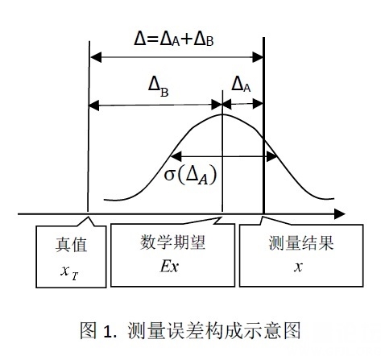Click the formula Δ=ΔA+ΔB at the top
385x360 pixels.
(174, 40)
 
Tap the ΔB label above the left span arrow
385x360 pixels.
(159, 87)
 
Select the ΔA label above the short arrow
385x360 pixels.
(241, 85)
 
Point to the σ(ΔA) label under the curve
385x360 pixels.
(190, 176)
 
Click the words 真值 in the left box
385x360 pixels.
(71, 245)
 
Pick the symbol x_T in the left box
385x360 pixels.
(69, 272)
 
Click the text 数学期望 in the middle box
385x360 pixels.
(172, 242)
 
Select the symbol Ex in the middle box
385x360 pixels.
(169, 267)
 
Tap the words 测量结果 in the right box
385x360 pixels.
(301, 242)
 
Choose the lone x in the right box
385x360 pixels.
(298, 267)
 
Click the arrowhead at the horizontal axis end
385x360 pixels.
(340, 213)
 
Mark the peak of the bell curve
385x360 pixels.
(222, 114)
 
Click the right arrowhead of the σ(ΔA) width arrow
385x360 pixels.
(271, 156)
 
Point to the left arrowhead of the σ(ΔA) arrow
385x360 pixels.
(176, 156)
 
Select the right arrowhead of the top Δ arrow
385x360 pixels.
(258, 57)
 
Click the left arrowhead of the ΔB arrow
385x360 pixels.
(94, 106)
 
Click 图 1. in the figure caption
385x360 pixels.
(98, 330)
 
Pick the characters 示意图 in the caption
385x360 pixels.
(275, 330)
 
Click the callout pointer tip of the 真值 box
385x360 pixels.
(88, 217)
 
